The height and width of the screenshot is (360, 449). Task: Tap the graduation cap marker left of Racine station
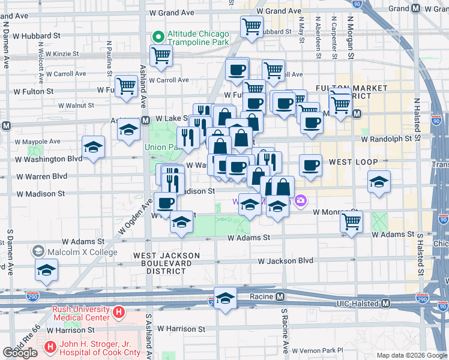click(x=225, y=298)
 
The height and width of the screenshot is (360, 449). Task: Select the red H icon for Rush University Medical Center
click(x=119, y=313)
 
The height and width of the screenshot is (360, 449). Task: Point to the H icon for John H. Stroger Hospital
click(x=50, y=346)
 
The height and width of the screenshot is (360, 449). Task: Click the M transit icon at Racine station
click(x=280, y=296)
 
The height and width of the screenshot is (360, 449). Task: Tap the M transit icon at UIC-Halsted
click(x=387, y=304)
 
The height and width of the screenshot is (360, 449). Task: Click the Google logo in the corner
click(x=20, y=353)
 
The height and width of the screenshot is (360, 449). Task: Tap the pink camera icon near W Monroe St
click(x=300, y=200)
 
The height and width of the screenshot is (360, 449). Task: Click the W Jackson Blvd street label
click(x=286, y=261)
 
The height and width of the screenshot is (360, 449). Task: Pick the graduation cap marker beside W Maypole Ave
click(x=93, y=146)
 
